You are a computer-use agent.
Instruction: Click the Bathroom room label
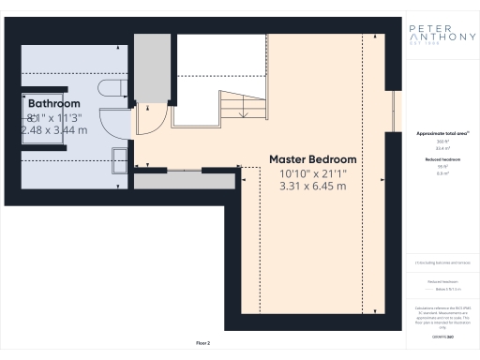pyautogui.click(x=53, y=103)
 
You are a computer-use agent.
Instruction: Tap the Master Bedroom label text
pyautogui.click(x=313, y=159)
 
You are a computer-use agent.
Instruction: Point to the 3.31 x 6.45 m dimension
pyautogui.click(x=313, y=187)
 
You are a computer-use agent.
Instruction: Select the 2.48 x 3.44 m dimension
pyautogui.click(x=54, y=130)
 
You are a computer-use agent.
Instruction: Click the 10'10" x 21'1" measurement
pyautogui.click(x=313, y=173)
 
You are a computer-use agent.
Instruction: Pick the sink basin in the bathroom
pyautogui.click(x=121, y=158)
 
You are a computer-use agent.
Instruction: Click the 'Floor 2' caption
pyautogui.click(x=202, y=344)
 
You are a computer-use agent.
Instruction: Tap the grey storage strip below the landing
pyautogui.click(x=188, y=179)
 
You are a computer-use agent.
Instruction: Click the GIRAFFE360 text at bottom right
pyautogui.click(x=437, y=335)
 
